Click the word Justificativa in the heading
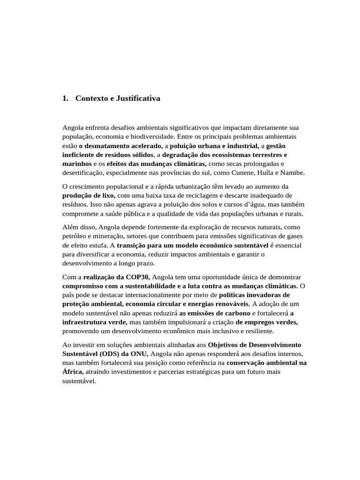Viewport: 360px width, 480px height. [135, 98]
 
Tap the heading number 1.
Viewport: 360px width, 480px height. [65, 98]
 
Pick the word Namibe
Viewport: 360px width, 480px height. [293, 173]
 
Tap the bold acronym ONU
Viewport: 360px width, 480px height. [138, 353]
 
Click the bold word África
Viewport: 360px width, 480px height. [73, 372]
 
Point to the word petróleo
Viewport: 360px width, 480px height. [75, 236]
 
